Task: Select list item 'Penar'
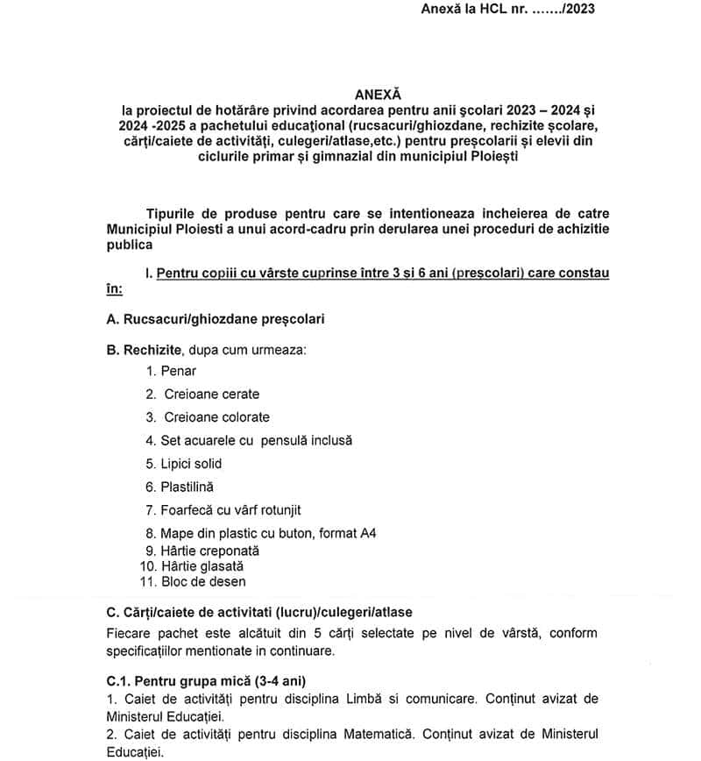pos(179,371)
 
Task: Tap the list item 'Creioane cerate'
pos(211,395)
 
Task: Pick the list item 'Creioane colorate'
pos(216,417)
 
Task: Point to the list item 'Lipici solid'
pos(191,464)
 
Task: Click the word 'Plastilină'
pos(187,487)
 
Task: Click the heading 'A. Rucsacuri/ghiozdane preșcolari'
pos(216,319)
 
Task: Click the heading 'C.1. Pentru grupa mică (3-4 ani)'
pos(207,680)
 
